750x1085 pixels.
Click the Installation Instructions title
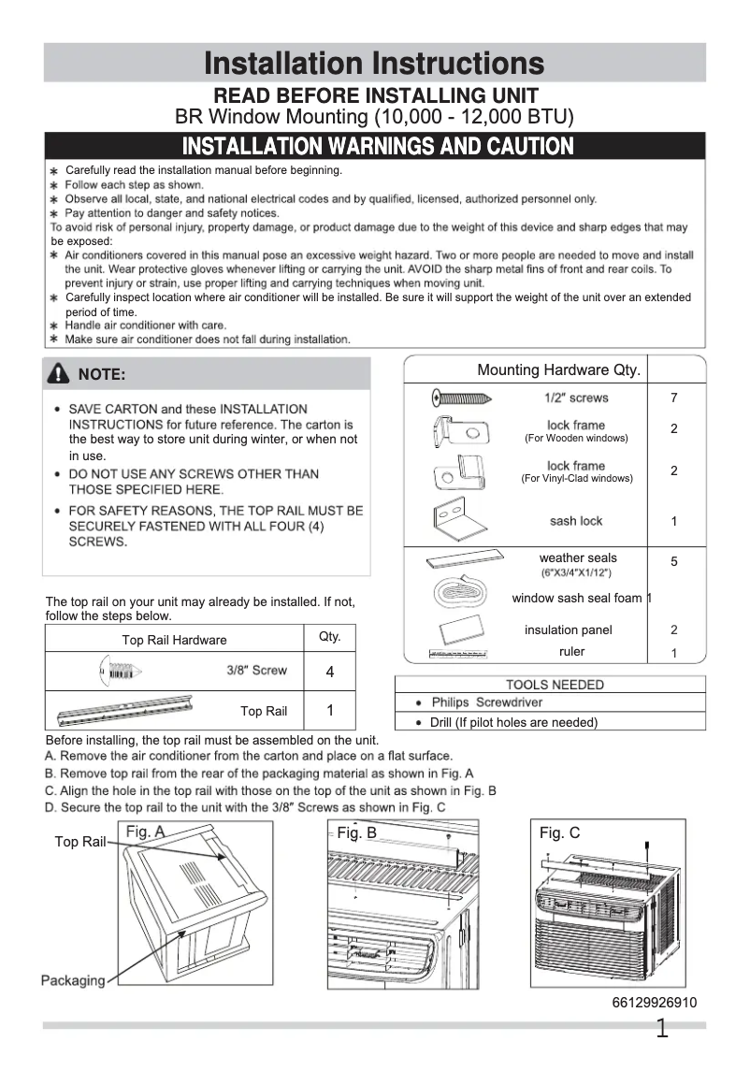pyautogui.click(x=374, y=63)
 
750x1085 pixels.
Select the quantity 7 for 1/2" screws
pyautogui.click(x=673, y=398)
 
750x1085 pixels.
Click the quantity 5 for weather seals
pyautogui.click(x=673, y=562)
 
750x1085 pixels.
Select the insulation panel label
pyautogui.click(x=568, y=630)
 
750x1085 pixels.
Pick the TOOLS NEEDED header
pyautogui.click(x=555, y=685)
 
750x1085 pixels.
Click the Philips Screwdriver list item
pyautogui.click(x=486, y=702)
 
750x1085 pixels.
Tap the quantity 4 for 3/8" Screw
pyautogui.click(x=330, y=673)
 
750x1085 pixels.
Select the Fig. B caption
pyautogui.click(x=356, y=832)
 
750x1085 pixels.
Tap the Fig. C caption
pyautogui.click(x=559, y=832)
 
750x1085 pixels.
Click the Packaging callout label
pyautogui.click(x=72, y=980)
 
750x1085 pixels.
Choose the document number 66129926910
pyautogui.click(x=654, y=1003)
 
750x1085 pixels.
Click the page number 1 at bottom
pyautogui.click(x=662, y=1030)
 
